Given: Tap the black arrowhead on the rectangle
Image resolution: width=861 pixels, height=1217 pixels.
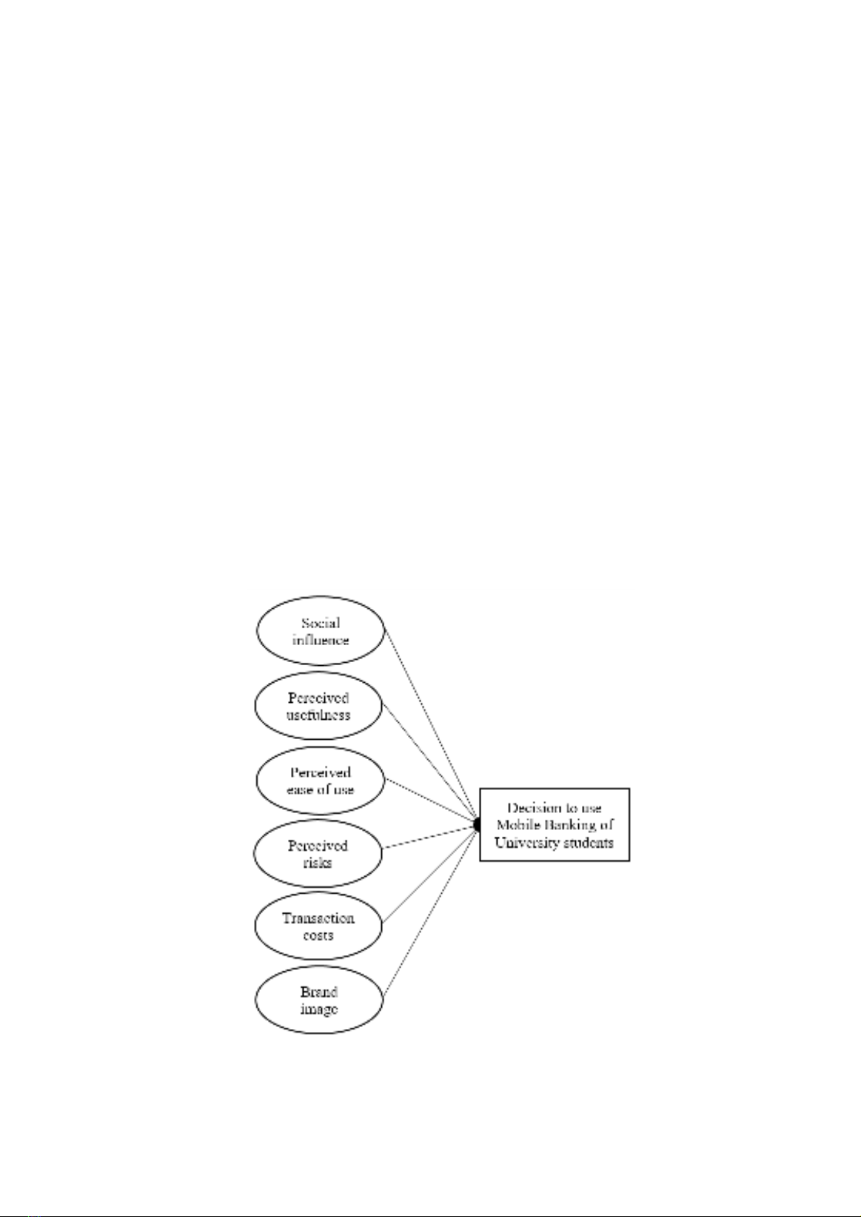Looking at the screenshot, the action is pyautogui.click(x=477, y=825).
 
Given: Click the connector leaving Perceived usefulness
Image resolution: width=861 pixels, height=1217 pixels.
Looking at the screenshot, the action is pyautogui.click(x=429, y=763).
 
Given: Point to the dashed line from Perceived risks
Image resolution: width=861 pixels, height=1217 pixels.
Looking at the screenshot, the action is pyautogui.click(x=429, y=837).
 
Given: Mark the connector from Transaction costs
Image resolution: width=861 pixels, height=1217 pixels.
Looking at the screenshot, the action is pyautogui.click(x=429, y=874).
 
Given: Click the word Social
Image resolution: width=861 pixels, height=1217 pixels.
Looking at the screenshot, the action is pyautogui.click(x=321, y=623).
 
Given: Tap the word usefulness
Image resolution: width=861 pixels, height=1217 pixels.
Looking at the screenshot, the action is pyautogui.click(x=318, y=715).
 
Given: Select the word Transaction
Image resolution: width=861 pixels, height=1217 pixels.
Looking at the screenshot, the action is pyautogui.click(x=318, y=918).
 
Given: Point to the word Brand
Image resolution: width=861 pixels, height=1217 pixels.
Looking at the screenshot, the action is pyautogui.click(x=319, y=992).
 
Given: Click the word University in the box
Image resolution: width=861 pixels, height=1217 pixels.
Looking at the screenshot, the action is pyautogui.click(x=526, y=843).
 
